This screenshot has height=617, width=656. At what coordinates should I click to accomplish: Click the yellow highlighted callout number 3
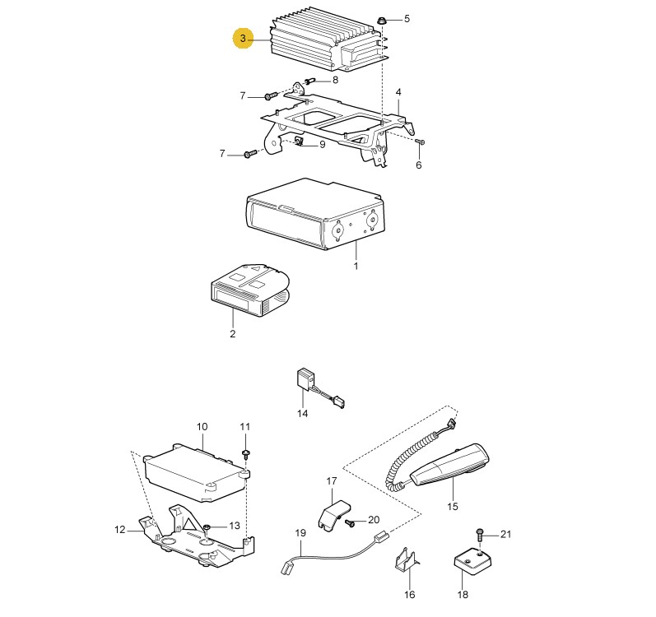point(243,39)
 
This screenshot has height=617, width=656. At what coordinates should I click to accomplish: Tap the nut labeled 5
point(381,20)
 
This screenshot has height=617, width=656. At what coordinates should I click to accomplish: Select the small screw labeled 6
point(421,142)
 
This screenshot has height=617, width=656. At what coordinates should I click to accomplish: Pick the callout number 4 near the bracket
point(398,92)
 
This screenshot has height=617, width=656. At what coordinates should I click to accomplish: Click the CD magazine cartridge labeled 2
point(249,291)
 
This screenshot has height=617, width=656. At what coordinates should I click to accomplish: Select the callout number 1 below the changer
point(356,266)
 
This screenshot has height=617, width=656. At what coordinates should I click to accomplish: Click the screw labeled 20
point(350,522)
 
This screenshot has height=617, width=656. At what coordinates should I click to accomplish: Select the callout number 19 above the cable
point(300,533)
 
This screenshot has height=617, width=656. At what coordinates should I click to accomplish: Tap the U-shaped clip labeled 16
point(406,559)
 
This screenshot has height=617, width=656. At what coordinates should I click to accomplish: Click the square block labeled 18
point(472,562)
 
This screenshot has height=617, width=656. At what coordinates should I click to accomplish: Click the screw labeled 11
point(245,454)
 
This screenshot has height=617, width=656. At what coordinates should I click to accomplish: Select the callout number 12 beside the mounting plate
point(119,530)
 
